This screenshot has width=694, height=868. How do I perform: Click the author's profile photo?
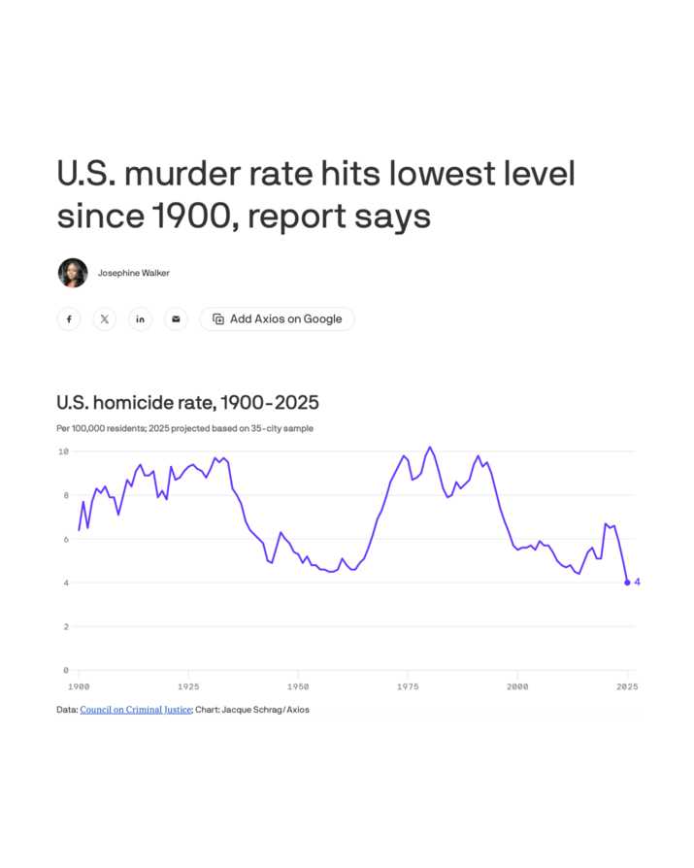click(73, 273)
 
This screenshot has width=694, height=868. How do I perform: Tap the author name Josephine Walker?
click(133, 273)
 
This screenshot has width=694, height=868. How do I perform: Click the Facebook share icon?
click(69, 318)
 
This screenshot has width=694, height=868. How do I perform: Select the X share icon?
click(105, 318)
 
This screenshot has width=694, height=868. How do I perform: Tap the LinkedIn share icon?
click(141, 318)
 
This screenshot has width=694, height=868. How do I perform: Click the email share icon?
click(176, 318)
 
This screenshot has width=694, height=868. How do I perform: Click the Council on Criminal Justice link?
click(135, 710)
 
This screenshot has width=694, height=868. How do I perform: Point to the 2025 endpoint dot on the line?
click(627, 583)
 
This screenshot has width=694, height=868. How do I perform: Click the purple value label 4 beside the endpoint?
click(638, 583)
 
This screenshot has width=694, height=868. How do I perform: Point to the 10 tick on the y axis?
click(63, 451)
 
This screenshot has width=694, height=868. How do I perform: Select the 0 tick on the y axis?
click(65, 670)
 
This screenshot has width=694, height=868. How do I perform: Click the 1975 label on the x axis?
click(408, 685)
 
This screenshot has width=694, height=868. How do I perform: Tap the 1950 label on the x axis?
click(298, 685)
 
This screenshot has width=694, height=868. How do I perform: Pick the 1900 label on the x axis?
click(79, 685)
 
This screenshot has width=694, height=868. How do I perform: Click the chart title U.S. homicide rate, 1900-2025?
click(187, 402)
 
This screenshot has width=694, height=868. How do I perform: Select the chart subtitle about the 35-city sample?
click(184, 428)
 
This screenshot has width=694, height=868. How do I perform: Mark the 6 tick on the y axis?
click(65, 539)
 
